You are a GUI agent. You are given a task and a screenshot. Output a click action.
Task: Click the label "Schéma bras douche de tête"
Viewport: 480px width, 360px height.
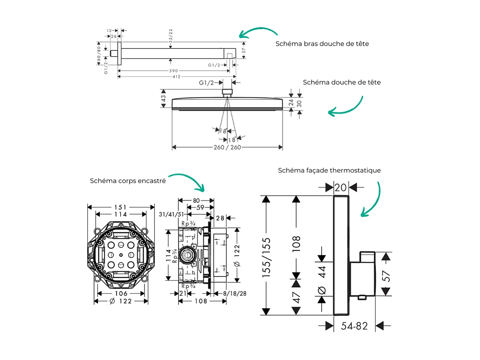(x=322, y=43)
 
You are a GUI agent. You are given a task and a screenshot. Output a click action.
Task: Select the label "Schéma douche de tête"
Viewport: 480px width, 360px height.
(x=341, y=82)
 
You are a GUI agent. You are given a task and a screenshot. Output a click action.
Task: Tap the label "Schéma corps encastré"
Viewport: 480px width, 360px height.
(x=128, y=181)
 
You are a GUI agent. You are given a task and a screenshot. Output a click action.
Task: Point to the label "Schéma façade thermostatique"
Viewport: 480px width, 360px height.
(x=329, y=170)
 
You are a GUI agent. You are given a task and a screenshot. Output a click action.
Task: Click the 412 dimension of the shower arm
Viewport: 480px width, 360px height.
(x=177, y=77)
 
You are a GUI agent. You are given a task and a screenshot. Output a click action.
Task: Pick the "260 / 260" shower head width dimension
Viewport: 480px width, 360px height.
(x=227, y=147)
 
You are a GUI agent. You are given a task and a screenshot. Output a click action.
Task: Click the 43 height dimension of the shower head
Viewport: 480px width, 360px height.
(x=164, y=98)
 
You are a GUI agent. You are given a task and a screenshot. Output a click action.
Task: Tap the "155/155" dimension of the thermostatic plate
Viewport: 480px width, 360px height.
(x=266, y=257)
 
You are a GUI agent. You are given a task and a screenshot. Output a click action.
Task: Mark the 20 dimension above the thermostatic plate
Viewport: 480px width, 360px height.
(x=341, y=187)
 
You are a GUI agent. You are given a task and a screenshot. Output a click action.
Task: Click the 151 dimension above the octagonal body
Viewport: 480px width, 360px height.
(x=121, y=207)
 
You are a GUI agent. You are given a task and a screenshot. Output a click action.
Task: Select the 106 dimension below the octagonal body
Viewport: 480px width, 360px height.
(x=121, y=294)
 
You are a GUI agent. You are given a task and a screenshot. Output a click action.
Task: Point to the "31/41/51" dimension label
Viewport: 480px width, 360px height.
(x=172, y=214)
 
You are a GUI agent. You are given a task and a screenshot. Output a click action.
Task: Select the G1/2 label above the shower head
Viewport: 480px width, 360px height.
(x=206, y=83)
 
